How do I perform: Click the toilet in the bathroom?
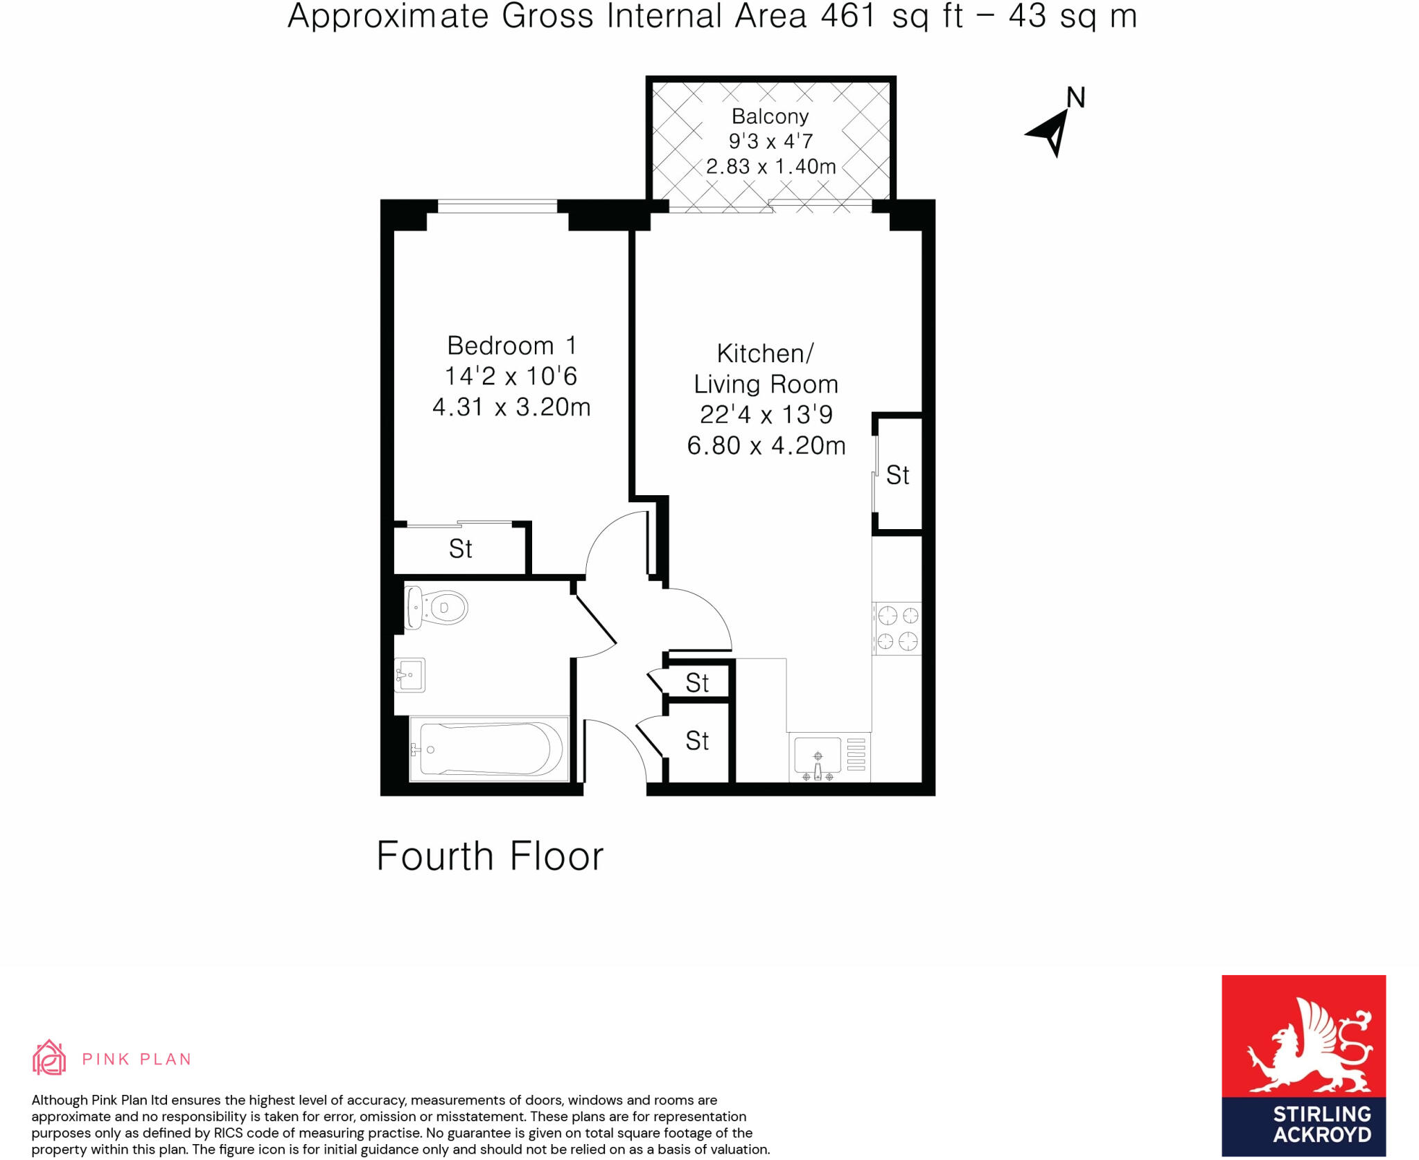[437, 607]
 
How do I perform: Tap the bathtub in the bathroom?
[489, 749]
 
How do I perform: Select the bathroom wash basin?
[409, 675]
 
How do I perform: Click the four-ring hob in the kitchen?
[897, 628]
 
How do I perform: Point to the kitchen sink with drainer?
[829, 757]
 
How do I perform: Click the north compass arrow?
[1051, 132]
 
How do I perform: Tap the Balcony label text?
[770, 116]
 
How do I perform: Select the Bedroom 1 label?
[511, 345]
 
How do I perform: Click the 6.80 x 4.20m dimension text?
[766, 445]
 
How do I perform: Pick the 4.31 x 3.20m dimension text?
[511, 407]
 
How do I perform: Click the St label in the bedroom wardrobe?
[461, 549]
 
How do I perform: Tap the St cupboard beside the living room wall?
[898, 475]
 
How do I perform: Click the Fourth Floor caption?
[490, 856]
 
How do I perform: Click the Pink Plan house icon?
[49, 1058]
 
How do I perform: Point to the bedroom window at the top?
[497, 206]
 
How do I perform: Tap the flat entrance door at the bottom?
[615, 751]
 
